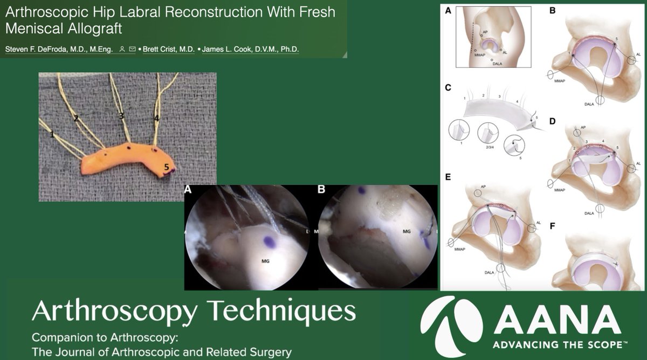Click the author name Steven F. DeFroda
58,50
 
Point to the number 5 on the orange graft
167,169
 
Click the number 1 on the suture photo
52,135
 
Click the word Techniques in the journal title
281,311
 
